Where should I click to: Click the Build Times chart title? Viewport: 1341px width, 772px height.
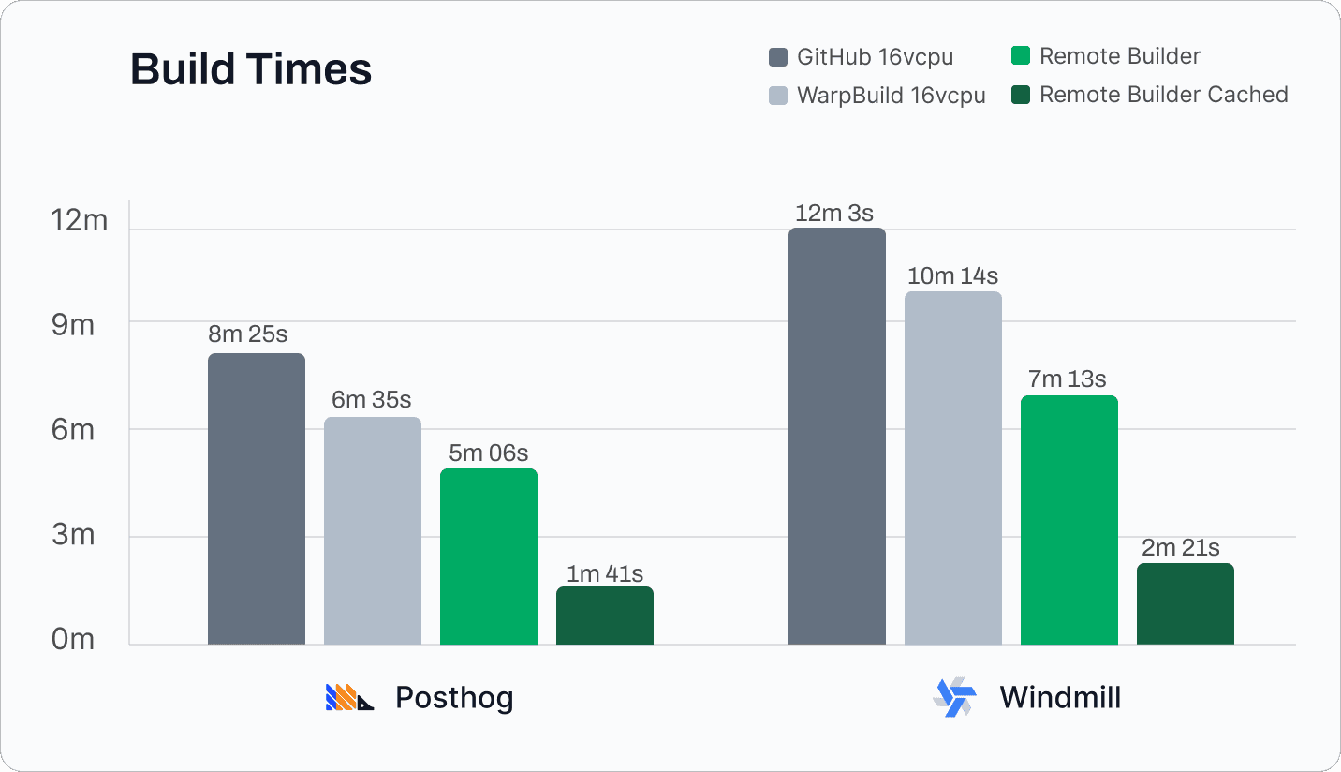[x=251, y=70]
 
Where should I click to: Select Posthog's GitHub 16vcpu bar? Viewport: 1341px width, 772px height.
[x=257, y=498]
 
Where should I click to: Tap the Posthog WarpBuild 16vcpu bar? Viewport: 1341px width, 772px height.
[x=373, y=530]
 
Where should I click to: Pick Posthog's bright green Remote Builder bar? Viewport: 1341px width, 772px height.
[x=489, y=557]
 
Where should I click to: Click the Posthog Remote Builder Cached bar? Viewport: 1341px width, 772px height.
[x=605, y=616]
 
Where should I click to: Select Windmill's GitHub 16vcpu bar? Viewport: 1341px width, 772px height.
[x=837, y=436]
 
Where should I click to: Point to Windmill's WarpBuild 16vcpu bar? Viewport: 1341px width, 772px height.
[x=953, y=468]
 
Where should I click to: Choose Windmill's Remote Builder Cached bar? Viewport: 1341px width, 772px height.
[x=1186, y=603]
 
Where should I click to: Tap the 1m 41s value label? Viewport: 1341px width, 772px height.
[x=605, y=573]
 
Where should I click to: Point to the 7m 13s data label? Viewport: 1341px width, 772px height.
[x=1068, y=379]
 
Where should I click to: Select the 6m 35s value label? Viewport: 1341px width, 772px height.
[x=372, y=400]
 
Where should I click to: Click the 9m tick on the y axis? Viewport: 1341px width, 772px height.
[x=73, y=326]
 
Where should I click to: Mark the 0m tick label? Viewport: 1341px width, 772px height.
[x=73, y=640]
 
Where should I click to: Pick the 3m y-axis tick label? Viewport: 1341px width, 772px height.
[x=73, y=536]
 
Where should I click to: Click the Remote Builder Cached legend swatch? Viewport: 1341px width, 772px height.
[x=1021, y=95]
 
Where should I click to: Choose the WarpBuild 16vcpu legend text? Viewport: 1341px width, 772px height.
[x=891, y=96]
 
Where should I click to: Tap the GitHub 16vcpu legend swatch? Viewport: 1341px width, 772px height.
[x=778, y=57]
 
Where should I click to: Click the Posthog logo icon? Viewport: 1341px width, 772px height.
[x=349, y=697]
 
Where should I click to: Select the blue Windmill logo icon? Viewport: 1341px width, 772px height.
[x=954, y=697]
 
